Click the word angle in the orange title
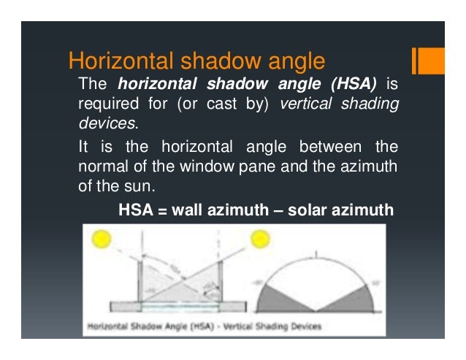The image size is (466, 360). point(291,59)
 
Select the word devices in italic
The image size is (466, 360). point(107,123)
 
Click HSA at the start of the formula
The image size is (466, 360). point(134,211)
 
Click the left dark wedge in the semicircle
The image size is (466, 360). point(280,296)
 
